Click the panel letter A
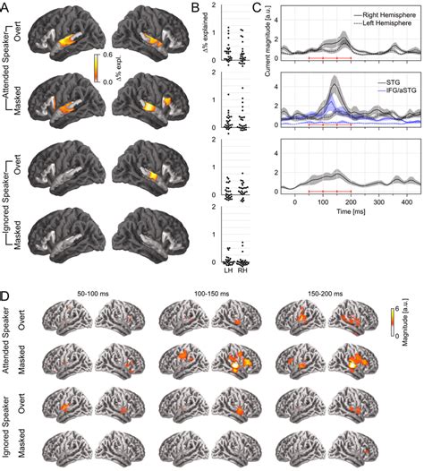[7, 7]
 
